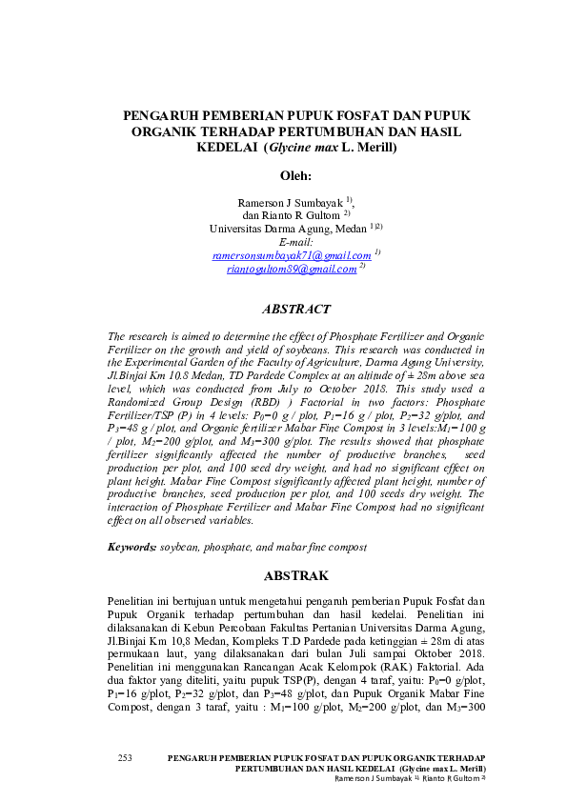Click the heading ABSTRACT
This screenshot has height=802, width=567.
point(295,310)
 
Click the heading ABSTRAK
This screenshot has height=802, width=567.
point(295,576)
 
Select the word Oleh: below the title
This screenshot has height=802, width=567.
point(295,176)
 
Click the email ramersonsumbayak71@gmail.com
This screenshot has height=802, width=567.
point(292,255)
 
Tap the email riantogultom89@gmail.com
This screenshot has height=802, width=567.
point(292,270)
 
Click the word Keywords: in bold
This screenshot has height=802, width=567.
point(132,548)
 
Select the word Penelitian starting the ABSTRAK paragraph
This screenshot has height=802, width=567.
point(136,602)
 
